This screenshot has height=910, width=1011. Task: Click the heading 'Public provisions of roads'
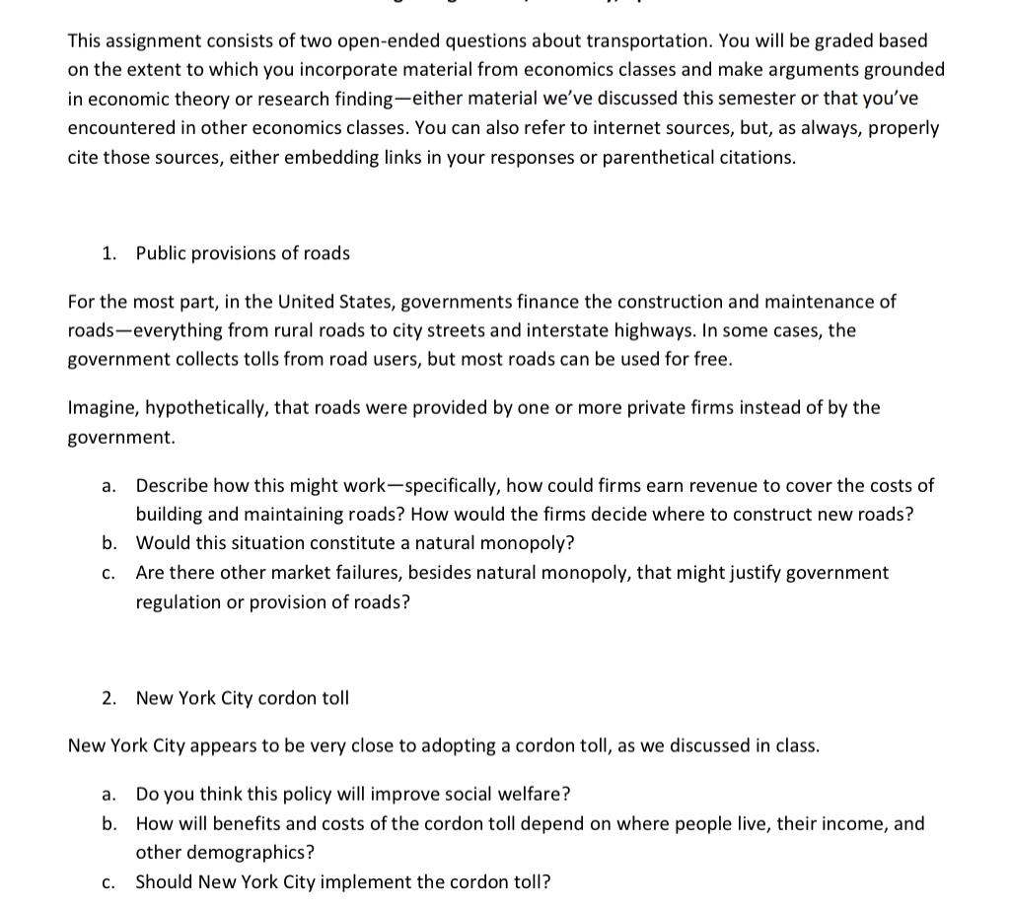pos(243,253)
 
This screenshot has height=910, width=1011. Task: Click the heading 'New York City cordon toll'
pos(243,698)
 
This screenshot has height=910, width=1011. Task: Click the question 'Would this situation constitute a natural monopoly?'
pos(355,543)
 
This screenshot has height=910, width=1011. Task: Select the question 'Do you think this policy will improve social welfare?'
pos(353,794)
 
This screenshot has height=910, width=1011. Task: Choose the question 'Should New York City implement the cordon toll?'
pos(343,881)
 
